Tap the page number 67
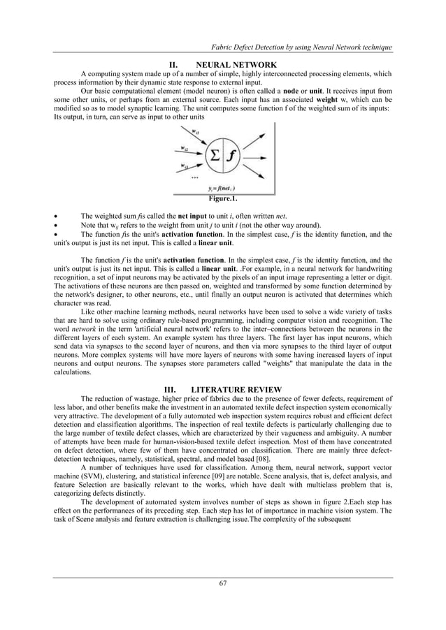point(222,583)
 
